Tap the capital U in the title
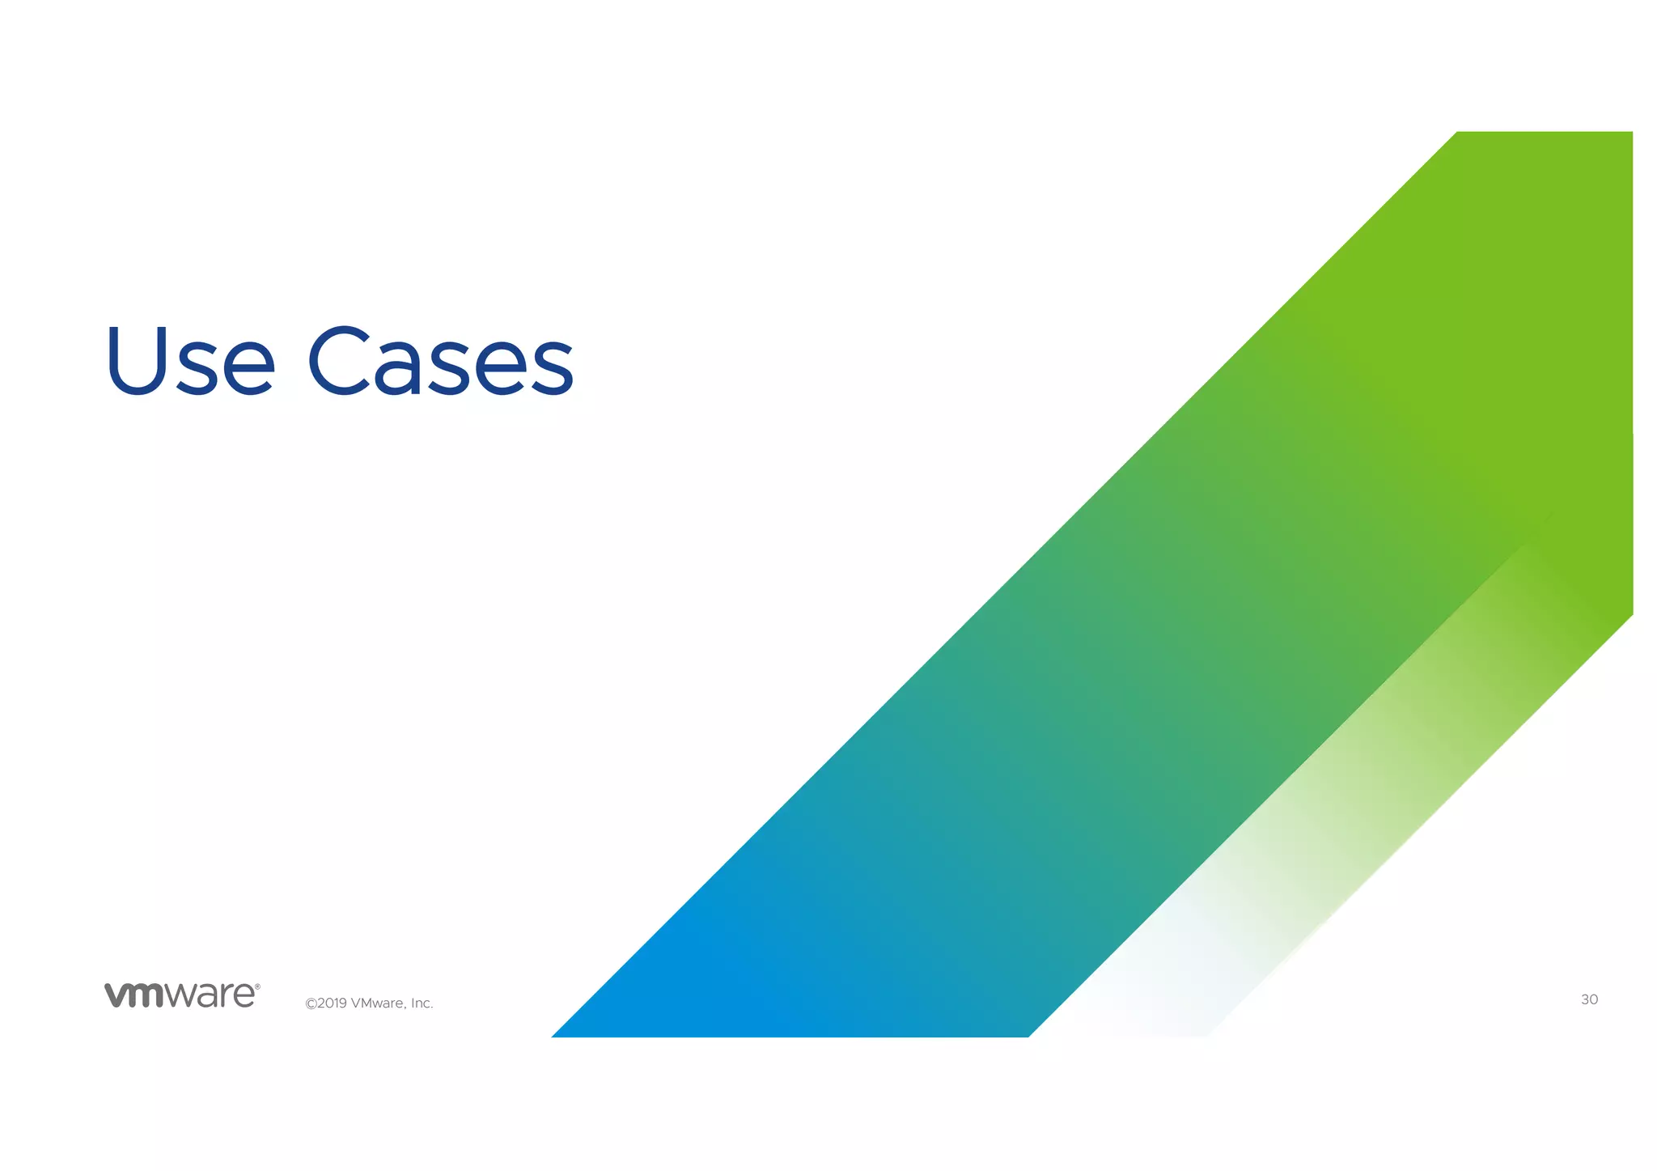pyautogui.click(x=134, y=361)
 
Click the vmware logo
pyautogui.click(x=181, y=995)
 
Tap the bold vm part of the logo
pyautogui.click(x=134, y=996)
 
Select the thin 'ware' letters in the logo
pyautogui.click(x=210, y=996)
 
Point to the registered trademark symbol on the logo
pyautogui.click(x=257, y=987)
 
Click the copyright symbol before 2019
pyautogui.click(x=310, y=1004)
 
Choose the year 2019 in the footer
pyautogui.click(x=332, y=1003)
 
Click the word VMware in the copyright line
pyautogui.click(x=378, y=1003)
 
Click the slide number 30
pyautogui.click(x=1589, y=1000)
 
